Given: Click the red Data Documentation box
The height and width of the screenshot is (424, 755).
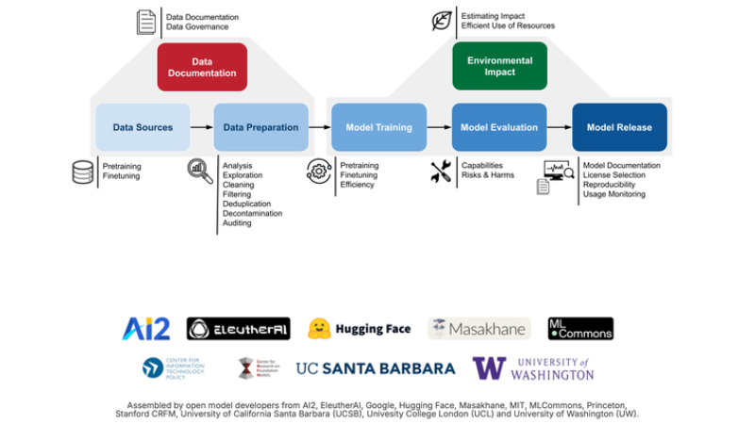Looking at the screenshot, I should pyautogui.click(x=202, y=67).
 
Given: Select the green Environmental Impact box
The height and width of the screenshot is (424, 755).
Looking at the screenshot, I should pyautogui.click(x=499, y=67).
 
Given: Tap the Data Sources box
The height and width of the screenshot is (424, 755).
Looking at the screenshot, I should pyautogui.click(x=143, y=127).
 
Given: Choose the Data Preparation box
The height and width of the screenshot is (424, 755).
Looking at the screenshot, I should pyautogui.click(x=261, y=127).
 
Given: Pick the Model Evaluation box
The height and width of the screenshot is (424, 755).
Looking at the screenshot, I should pyautogui.click(x=499, y=127).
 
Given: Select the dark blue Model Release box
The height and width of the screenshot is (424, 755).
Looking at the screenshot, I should pyautogui.click(x=619, y=127).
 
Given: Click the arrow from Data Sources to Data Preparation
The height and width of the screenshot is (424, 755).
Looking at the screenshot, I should pyautogui.click(x=202, y=127).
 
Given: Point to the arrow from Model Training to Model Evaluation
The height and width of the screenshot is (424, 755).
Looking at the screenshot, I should pyautogui.click(x=439, y=127).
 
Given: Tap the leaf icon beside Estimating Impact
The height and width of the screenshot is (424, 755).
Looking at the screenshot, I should pyautogui.click(x=442, y=21).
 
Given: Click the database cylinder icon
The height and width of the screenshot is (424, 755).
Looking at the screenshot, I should pyautogui.click(x=83, y=172).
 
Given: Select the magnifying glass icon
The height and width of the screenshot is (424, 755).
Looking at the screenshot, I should pyautogui.click(x=200, y=171).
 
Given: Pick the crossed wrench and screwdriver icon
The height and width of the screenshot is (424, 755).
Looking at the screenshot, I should pyautogui.click(x=441, y=171).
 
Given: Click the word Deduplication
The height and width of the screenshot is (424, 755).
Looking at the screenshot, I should pyautogui.click(x=247, y=204).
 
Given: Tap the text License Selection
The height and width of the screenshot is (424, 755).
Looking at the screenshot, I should pyautogui.click(x=614, y=175).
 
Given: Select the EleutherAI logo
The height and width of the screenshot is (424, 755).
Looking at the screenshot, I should pyautogui.click(x=238, y=328).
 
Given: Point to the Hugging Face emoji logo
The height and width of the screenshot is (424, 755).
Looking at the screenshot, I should pyautogui.click(x=322, y=328).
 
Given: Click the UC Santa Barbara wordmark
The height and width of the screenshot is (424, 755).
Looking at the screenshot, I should pyautogui.click(x=376, y=368).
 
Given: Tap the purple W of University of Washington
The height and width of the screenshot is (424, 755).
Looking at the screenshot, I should pyautogui.click(x=489, y=368).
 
